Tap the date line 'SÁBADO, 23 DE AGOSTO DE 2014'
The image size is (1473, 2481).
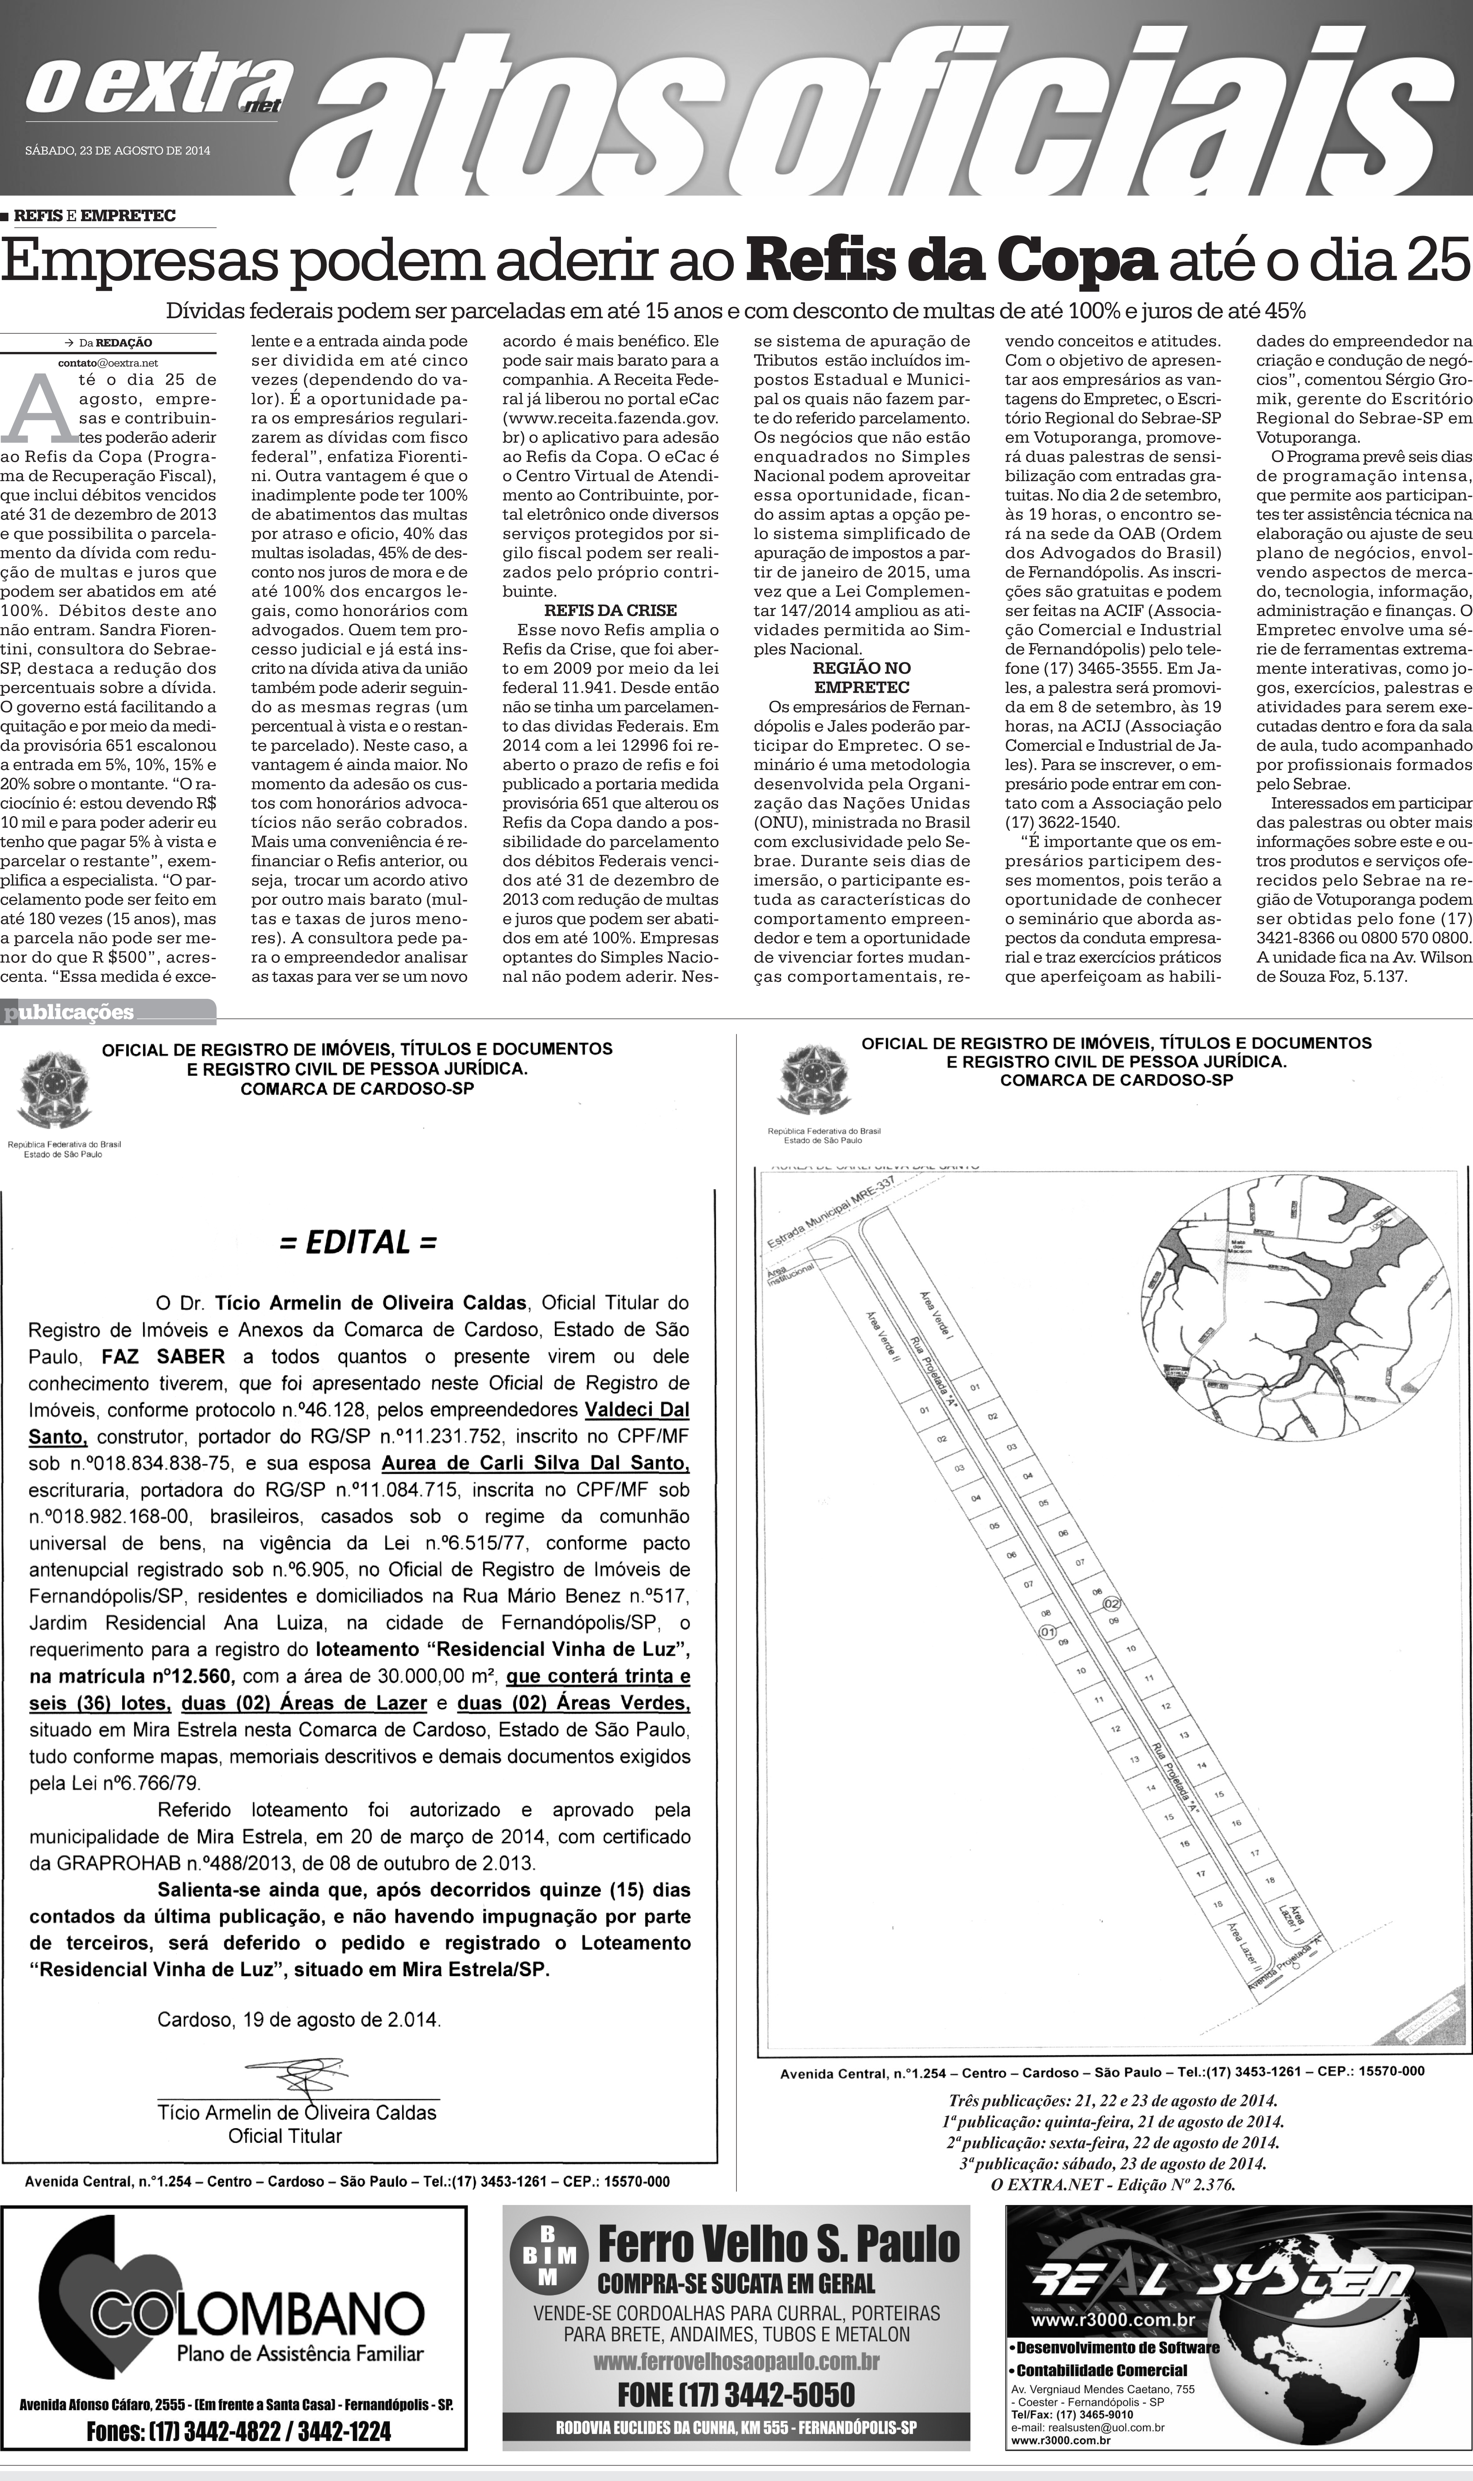(117, 151)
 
